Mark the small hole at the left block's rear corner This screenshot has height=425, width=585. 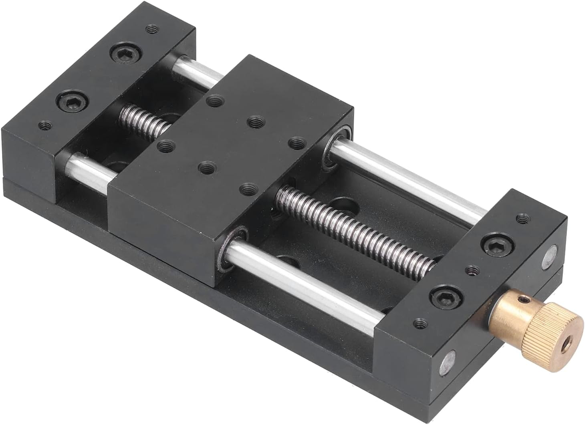pyautogui.click(x=151, y=29)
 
